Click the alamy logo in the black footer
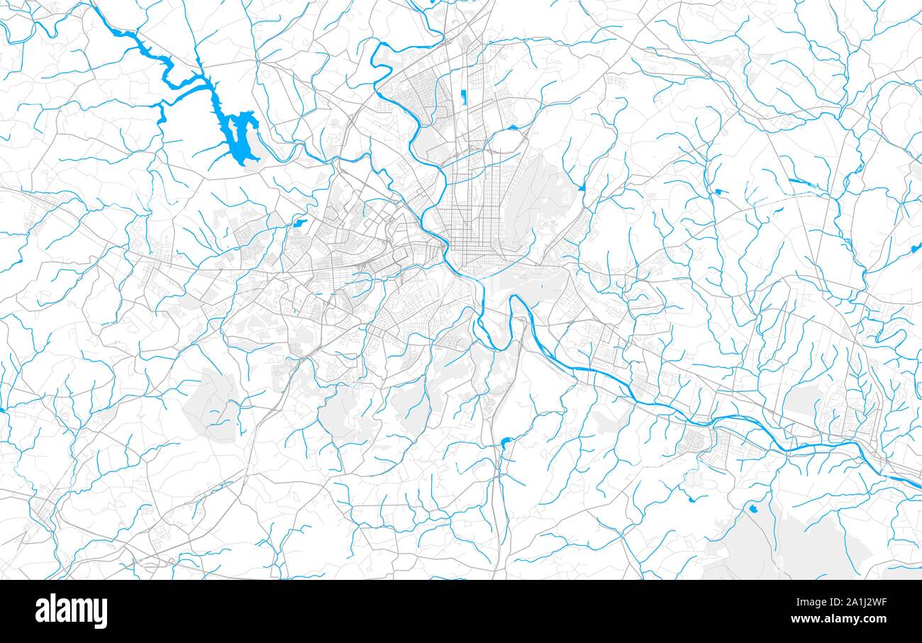(71, 611)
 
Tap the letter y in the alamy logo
(101, 614)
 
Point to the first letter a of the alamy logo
(42, 611)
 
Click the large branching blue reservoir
(238, 135)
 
